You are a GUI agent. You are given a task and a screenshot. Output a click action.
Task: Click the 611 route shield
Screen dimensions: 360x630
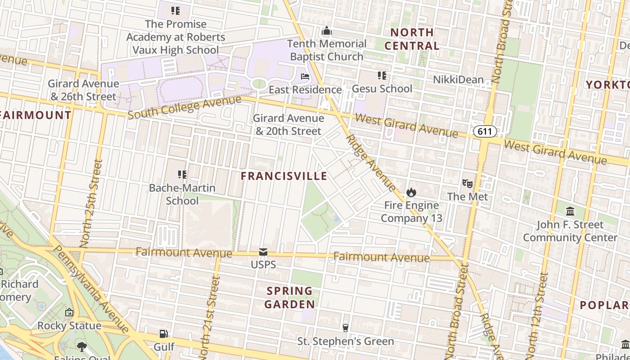click(x=485, y=131)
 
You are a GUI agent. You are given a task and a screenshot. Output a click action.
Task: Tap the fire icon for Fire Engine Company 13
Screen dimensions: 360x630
click(x=411, y=193)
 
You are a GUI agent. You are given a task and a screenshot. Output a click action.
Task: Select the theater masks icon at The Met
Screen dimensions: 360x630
click(x=468, y=184)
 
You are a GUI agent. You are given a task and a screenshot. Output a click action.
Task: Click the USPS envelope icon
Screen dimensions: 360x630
click(x=263, y=252)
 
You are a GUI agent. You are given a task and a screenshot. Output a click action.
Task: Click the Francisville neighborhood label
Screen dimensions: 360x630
click(x=284, y=176)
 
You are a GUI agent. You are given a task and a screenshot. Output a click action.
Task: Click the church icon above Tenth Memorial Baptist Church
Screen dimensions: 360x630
click(x=327, y=31)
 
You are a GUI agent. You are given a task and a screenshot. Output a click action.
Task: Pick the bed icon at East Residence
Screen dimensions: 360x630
click(x=305, y=76)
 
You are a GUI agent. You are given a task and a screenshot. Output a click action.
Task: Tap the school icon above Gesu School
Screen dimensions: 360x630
click(x=382, y=76)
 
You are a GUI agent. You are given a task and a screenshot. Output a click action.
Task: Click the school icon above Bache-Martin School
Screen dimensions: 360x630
click(x=182, y=174)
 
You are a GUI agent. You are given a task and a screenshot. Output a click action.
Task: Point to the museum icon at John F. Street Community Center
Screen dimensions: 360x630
click(x=570, y=211)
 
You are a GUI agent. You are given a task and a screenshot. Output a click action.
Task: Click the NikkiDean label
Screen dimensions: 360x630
click(x=458, y=80)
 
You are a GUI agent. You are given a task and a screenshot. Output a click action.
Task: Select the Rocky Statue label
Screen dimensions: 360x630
click(x=69, y=325)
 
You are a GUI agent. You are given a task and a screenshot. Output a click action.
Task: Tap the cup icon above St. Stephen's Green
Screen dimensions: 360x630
click(x=346, y=328)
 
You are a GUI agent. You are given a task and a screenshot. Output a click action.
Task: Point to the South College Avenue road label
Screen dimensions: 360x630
click(x=184, y=107)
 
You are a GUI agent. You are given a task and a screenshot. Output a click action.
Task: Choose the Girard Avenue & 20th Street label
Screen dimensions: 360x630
click(x=288, y=125)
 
